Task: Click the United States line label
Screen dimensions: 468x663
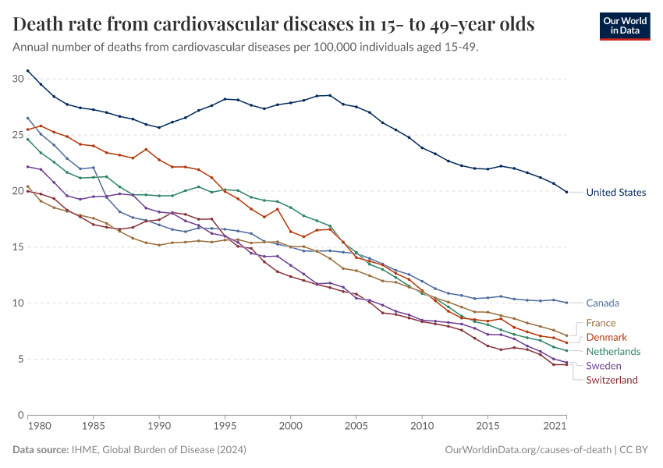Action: pos(615,193)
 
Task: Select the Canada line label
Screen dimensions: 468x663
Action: pos(603,303)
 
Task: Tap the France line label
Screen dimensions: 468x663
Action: pos(601,323)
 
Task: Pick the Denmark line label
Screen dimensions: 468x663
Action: pos(606,337)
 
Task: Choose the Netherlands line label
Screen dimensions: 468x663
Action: pos(613,352)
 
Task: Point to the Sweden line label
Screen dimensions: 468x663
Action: pos(604,366)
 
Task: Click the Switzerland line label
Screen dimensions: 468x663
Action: pos(612,380)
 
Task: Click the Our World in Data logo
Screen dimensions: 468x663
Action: pos(624,25)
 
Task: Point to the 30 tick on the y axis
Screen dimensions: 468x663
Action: pos(18,79)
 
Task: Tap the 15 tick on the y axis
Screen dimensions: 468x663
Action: pos(18,247)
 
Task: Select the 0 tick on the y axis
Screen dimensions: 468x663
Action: pos(21,415)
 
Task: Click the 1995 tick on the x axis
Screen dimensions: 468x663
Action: pos(225,427)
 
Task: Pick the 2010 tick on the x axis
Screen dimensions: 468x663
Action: pos(422,427)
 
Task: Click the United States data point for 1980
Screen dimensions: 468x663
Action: pos(28,71)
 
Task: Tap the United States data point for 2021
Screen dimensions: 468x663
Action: pos(566,192)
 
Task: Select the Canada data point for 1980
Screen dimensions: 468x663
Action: pos(28,118)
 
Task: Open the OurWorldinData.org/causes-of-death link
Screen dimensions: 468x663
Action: pos(527,450)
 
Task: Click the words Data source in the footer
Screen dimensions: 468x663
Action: pos(41,450)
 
